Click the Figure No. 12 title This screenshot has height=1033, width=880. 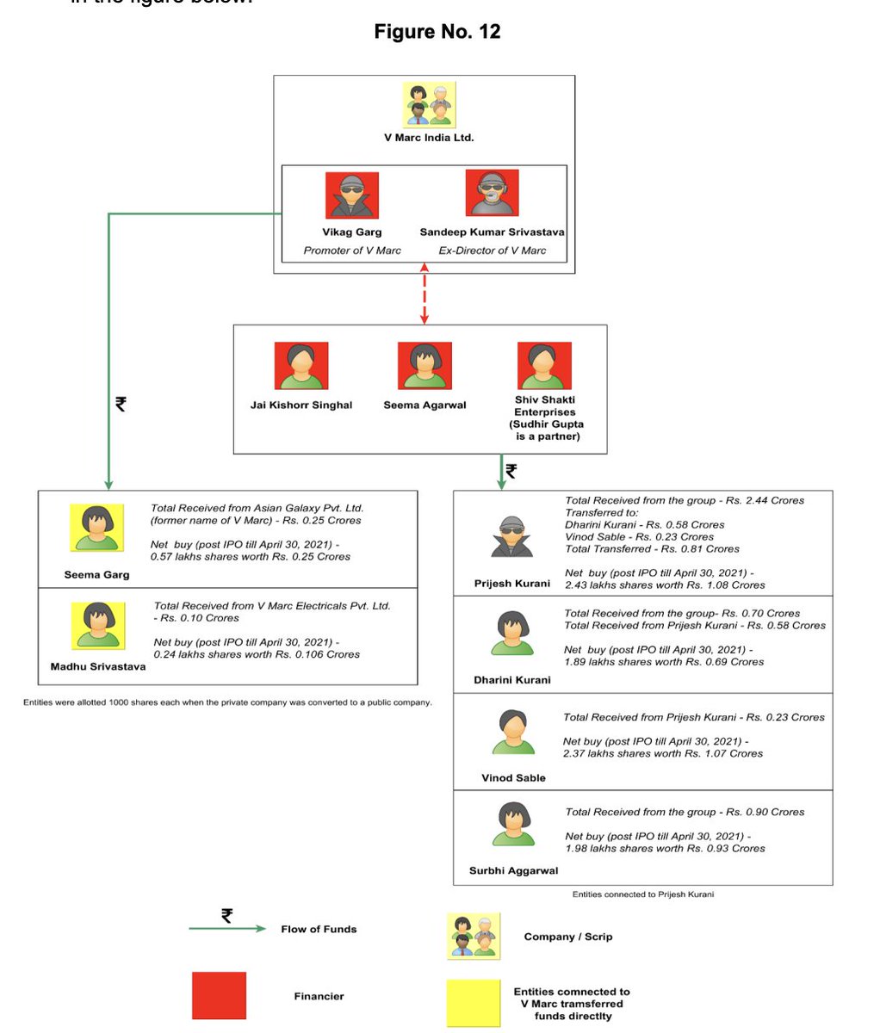tap(437, 32)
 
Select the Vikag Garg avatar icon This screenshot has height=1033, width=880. tap(352, 195)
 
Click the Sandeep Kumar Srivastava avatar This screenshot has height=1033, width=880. tap(492, 193)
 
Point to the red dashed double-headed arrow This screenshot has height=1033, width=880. tap(425, 294)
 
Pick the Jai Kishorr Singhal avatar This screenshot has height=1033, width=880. tap(301, 366)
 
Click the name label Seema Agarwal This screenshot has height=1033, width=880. tap(425, 405)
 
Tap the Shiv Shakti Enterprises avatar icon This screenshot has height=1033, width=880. tap(544, 366)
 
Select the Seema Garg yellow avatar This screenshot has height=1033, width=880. tap(96, 528)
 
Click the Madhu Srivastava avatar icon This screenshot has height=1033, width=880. tap(97, 626)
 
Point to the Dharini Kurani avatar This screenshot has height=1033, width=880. tap(512, 634)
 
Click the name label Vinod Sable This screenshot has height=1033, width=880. tap(513, 778)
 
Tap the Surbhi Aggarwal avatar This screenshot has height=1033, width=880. tap(513, 824)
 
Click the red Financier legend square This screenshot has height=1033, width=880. tap(219, 996)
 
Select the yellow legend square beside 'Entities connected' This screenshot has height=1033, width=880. tap(473, 1003)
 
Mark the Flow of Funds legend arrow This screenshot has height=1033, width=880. tap(227, 928)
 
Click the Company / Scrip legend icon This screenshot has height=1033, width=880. tap(473, 937)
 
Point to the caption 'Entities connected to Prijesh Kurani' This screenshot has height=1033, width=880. tap(643, 894)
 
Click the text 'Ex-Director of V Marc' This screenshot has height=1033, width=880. tap(493, 251)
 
